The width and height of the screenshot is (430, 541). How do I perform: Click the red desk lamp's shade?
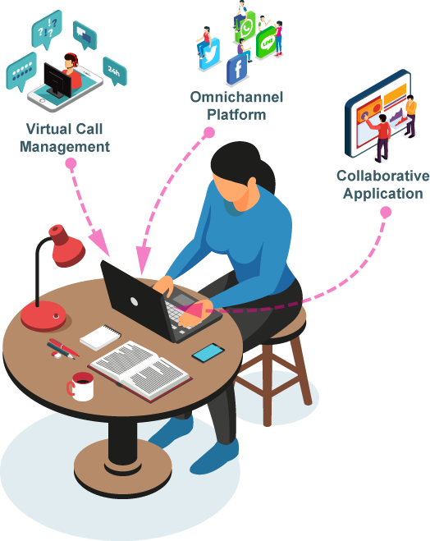pos(66,245)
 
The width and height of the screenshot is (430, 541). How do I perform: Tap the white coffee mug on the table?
pos(81,387)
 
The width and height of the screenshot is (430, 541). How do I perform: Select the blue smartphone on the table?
pos(208,353)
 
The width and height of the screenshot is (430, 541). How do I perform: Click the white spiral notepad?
pos(100,337)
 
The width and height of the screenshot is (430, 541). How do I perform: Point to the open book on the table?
pos(140,371)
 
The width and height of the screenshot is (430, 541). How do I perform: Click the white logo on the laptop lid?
pos(134,302)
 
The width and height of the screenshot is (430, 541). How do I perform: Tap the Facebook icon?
pos(237,70)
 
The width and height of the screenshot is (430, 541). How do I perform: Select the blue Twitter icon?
pos(209,53)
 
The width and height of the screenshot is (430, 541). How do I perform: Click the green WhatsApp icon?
pos(245,27)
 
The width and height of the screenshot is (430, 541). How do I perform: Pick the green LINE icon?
pos(267,42)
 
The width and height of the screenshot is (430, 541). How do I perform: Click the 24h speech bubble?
pos(115,71)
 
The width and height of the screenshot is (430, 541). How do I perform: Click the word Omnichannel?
pos(236,97)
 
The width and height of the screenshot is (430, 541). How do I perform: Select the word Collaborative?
pos(383,176)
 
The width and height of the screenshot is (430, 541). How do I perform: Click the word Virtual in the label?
pos(47,129)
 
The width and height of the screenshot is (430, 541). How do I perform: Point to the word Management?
pos(65,147)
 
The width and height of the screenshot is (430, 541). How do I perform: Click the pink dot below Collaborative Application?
pos(386,212)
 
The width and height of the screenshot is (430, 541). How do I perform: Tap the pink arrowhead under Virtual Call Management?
pos(100,241)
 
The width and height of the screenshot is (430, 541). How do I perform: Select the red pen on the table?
pos(64,347)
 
